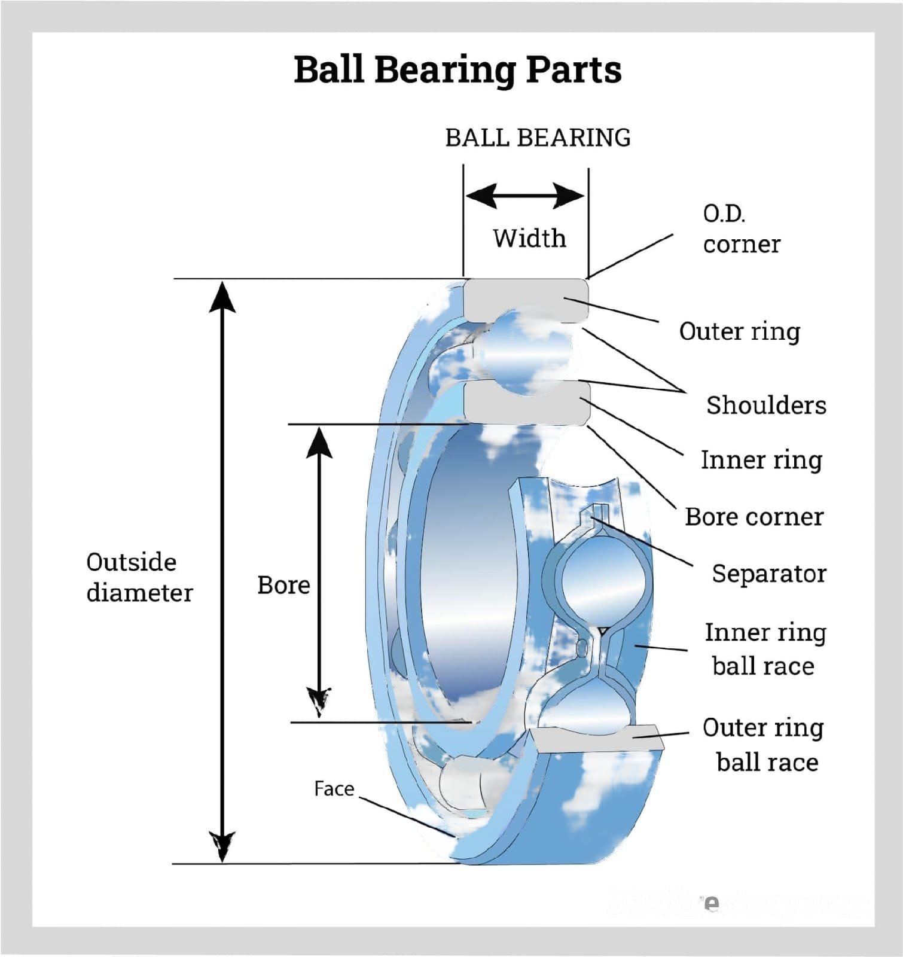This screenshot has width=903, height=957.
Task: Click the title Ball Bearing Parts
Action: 457,70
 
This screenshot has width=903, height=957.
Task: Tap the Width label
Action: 529,238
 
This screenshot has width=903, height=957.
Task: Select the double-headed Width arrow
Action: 525,196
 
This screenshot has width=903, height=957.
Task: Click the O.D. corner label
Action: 741,228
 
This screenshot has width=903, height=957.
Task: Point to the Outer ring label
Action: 739,331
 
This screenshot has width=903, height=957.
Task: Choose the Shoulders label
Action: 766,405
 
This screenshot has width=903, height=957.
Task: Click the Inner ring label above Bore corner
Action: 761,460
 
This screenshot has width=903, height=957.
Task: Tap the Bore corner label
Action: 754,517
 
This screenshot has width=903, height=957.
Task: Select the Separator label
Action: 769,574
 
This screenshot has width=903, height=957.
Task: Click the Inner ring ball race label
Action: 765,649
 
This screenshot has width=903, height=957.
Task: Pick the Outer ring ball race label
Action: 764,745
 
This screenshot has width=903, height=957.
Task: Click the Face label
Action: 334,789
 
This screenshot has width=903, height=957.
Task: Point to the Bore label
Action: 283,585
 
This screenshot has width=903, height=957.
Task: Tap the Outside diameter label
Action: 139,577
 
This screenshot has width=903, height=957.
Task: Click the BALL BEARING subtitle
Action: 538,138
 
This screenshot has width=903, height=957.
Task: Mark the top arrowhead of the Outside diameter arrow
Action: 222,297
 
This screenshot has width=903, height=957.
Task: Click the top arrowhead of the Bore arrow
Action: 319,443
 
